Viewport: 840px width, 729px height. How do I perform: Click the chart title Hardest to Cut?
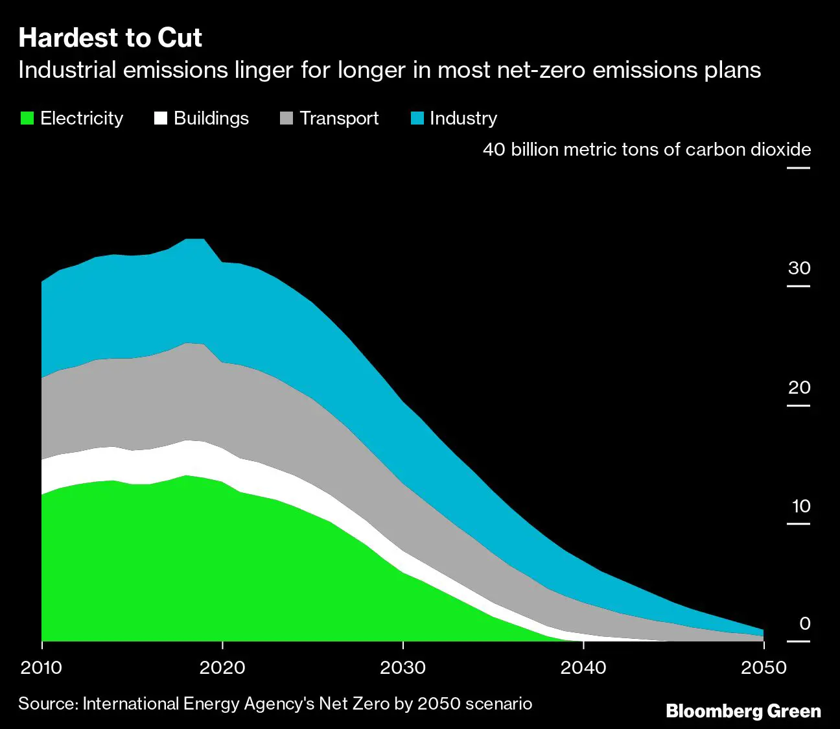[x=110, y=38]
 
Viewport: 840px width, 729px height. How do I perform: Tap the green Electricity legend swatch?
[x=27, y=118]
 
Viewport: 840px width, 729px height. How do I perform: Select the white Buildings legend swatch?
[x=160, y=118]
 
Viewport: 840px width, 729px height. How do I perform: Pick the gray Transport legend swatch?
[x=286, y=118]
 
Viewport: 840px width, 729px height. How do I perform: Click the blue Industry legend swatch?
[x=417, y=118]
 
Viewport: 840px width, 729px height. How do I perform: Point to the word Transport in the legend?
[x=339, y=118]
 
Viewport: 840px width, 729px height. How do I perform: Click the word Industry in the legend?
[x=463, y=118]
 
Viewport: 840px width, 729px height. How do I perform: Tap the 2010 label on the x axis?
[x=41, y=667]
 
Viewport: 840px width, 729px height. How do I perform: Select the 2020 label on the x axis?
[x=222, y=667]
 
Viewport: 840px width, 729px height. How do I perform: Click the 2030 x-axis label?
[x=402, y=667]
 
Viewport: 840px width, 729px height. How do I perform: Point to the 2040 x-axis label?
[x=583, y=667]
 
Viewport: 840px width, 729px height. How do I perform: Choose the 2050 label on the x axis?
[x=764, y=667]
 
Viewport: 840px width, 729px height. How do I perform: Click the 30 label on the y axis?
[x=799, y=268]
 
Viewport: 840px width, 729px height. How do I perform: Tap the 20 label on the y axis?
[x=799, y=387]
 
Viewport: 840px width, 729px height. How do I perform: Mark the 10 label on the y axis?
[x=801, y=506]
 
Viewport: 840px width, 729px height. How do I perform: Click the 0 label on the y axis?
[x=804, y=623]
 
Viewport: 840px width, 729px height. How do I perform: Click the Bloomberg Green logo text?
[x=743, y=711]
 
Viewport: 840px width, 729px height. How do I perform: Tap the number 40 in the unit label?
[x=494, y=149]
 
